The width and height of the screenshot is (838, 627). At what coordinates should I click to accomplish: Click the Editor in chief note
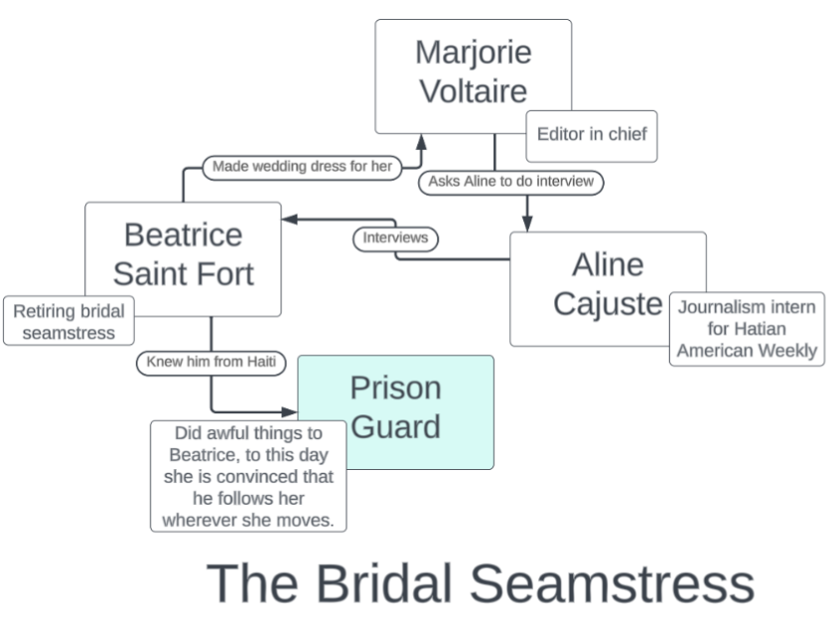click(x=592, y=135)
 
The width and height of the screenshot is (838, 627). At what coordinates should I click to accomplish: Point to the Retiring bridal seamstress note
click(x=69, y=321)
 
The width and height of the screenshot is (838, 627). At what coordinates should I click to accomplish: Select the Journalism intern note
click(x=747, y=329)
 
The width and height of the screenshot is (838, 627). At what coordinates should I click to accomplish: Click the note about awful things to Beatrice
click(x=248, y=477)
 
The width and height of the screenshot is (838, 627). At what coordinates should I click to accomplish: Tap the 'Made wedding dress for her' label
click(x=302, y=167)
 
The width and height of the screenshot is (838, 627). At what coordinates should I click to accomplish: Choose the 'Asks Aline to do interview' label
click(x=511, y=182)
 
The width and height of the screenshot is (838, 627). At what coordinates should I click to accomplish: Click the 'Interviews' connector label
click(x=395, y=238)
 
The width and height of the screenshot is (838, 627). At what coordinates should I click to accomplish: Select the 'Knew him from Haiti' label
click(x=210, y=362)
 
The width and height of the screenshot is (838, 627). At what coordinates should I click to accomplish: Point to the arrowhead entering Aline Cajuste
click(x=527, y=225)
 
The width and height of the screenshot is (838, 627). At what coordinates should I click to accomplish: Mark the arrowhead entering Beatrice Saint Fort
click(x=289, y=219)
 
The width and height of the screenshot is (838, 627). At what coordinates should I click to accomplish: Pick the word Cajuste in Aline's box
click(x=607, y=303)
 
